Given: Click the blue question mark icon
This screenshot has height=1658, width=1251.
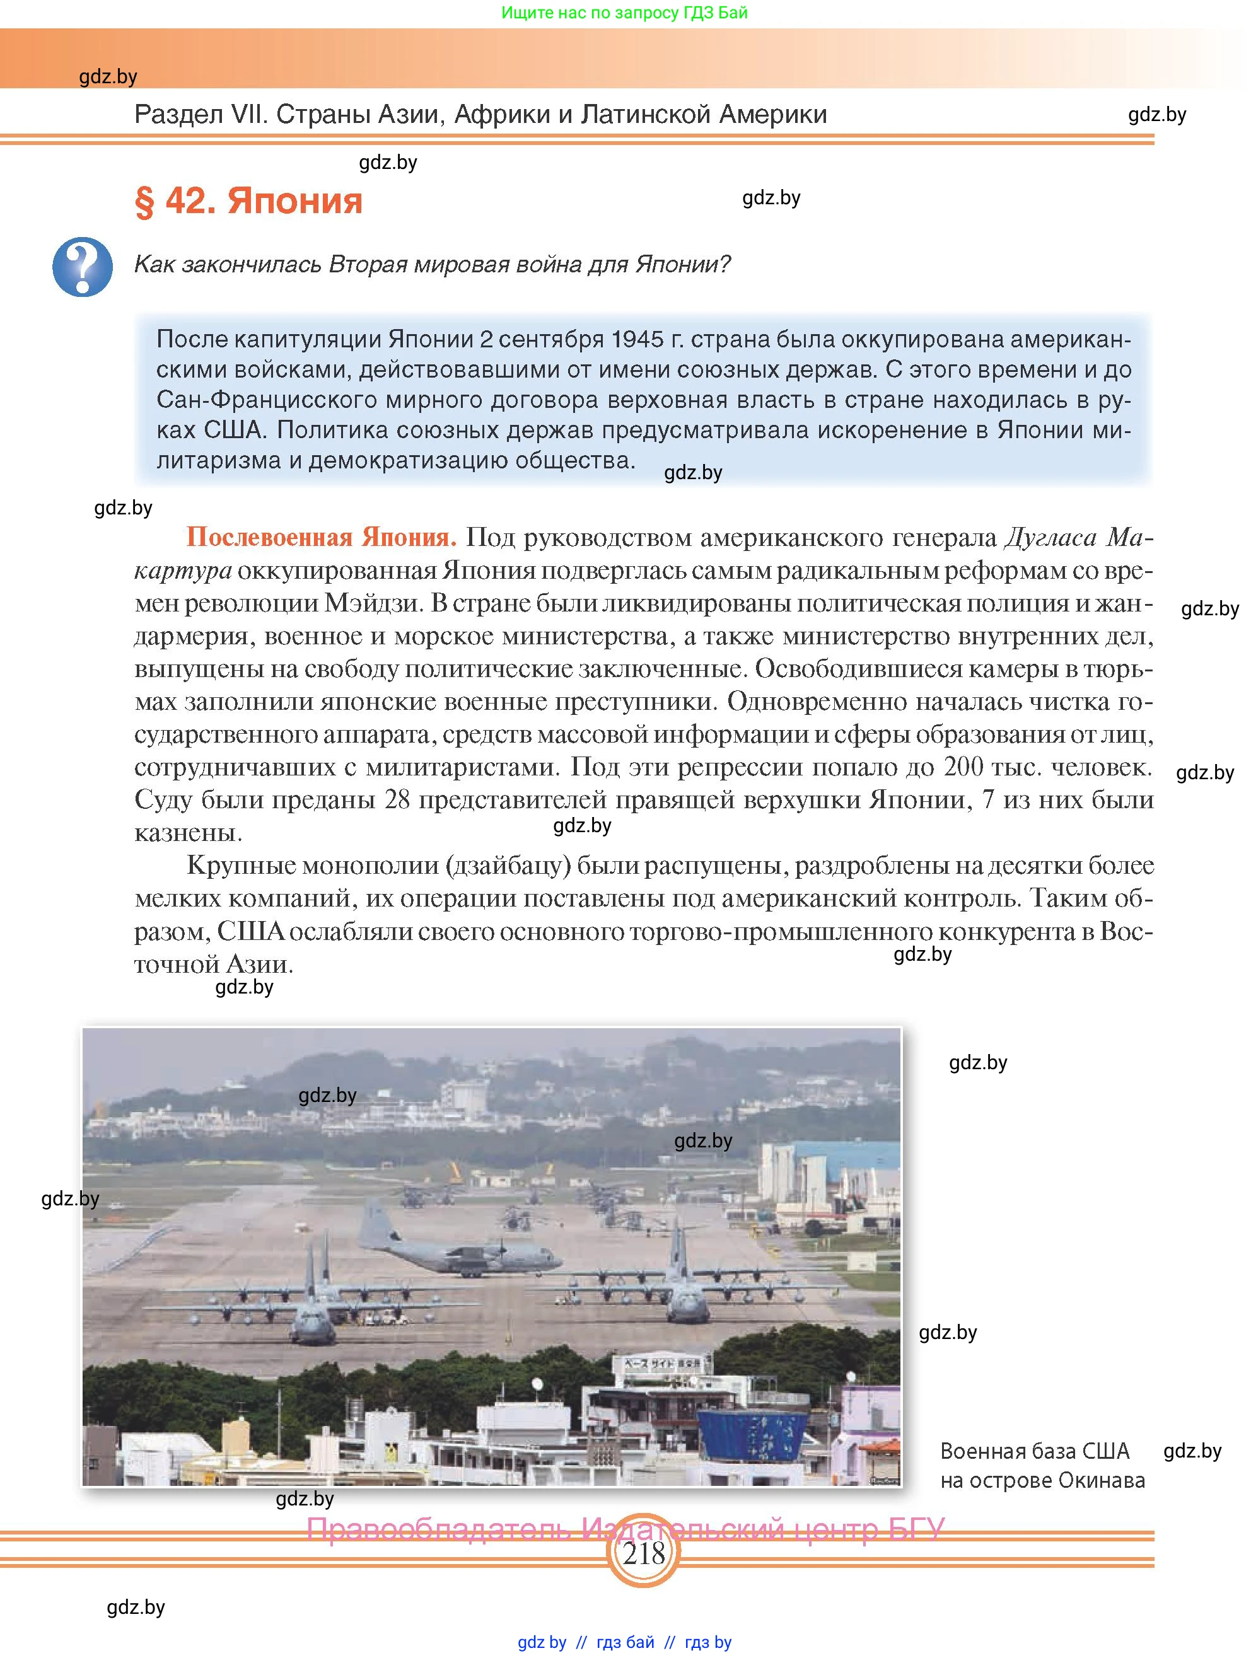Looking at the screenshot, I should (83, 267).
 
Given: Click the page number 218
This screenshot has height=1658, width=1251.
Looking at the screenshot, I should (643, 1553).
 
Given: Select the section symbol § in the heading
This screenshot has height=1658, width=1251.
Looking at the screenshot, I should (144, 202).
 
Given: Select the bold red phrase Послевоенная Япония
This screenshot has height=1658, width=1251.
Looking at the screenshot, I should (321, 537).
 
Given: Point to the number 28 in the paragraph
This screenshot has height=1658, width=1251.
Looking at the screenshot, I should (397, 800).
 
